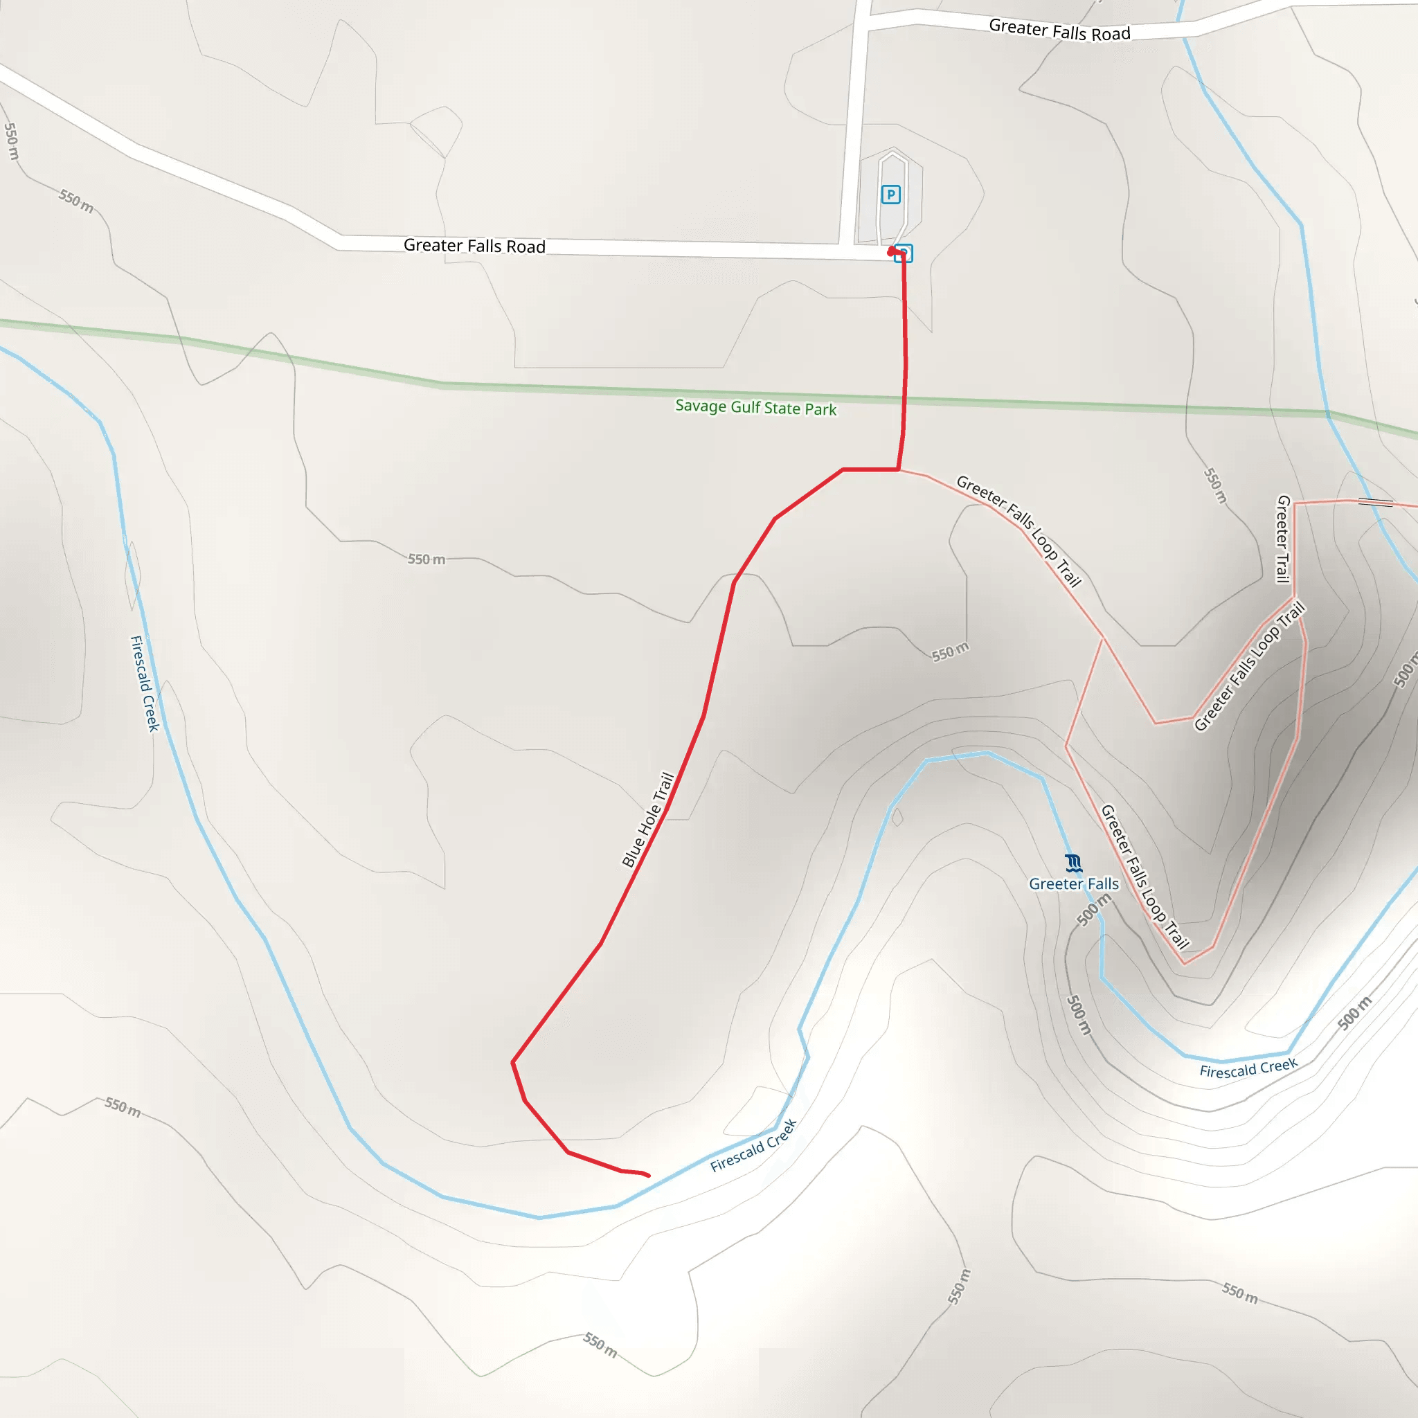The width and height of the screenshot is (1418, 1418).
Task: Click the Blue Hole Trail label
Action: click(648, 819)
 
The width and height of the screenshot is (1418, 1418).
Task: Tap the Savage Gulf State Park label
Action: click(755, 407)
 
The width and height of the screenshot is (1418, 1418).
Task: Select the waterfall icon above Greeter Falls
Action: click(1073, 863)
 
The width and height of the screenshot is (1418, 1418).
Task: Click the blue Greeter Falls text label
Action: click(1074, 883)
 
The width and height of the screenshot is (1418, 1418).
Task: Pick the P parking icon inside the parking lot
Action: click(890, 195)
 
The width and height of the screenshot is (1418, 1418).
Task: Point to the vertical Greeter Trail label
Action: click(1283, 539)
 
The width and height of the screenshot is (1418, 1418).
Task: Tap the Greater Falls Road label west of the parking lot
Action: click(474, 245)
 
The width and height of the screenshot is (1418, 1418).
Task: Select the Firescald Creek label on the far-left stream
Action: click(145, 683)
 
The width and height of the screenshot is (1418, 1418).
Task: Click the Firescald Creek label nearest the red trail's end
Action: click(753, 1146)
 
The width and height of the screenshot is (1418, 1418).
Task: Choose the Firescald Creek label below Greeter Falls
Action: click(1248, 1068)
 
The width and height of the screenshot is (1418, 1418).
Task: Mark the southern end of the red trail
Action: click(648, 1175)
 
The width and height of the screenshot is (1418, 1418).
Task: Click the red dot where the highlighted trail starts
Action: click(892, 252)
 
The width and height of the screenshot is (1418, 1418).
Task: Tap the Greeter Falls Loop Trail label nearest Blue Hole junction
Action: click(1018, 531)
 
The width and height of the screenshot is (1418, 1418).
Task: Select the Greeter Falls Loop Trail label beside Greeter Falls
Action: click(1145, 877)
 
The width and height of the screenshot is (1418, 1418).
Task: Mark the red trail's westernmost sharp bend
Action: click(513, 1061)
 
